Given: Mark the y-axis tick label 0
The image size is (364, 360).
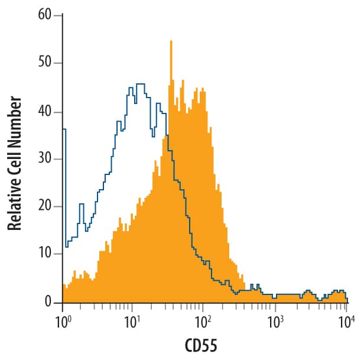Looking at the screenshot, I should [49, 303].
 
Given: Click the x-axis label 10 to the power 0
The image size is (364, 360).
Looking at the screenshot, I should [63, 322].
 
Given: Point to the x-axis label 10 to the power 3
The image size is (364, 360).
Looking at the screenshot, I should [274, 322].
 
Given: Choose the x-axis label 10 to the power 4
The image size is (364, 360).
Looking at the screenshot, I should [345, 322].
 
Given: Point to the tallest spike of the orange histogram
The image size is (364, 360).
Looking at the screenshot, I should [171, 42].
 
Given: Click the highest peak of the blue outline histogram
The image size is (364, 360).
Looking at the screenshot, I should [140, 85].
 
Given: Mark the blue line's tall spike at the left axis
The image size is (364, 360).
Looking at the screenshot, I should [64, 130].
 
